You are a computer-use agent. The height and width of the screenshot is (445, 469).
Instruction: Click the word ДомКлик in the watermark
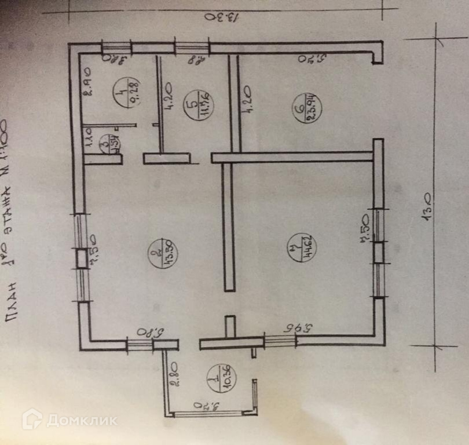tap(82, 421)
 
